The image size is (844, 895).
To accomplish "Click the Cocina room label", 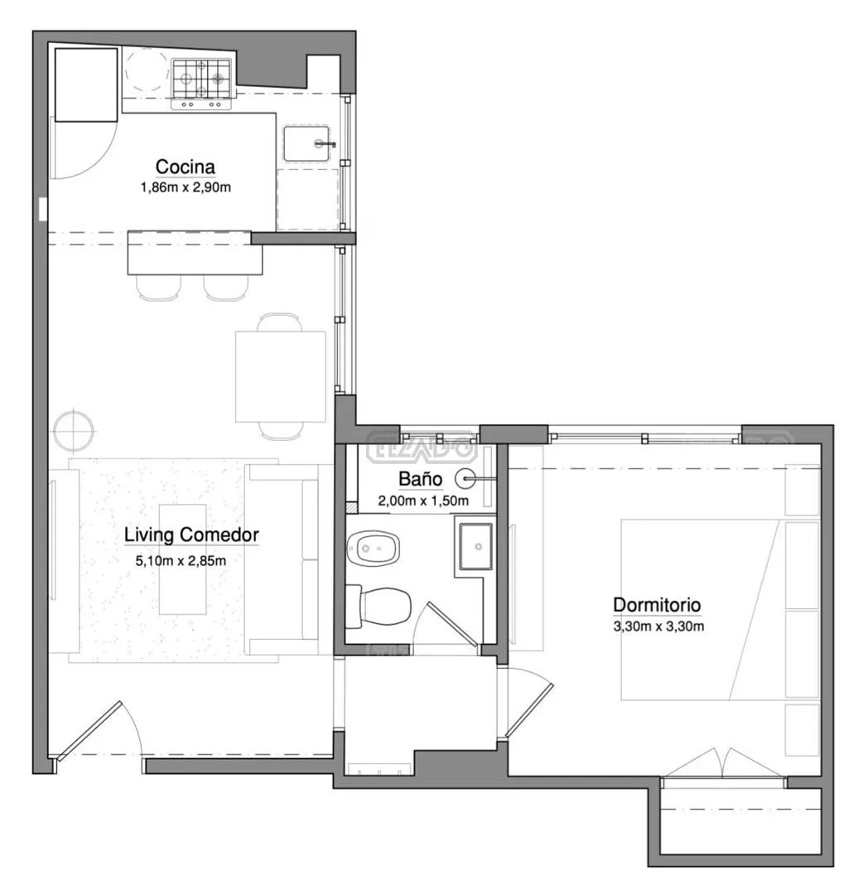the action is click(185, 167).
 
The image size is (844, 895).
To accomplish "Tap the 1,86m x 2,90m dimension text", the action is click(186, 187).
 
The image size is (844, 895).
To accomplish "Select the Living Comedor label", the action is click(191, 535).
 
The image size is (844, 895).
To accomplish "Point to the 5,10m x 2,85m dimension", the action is click(181, 560).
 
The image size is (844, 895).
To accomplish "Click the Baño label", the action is click(420, 478).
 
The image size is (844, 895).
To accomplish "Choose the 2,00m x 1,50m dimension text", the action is click(423, 501).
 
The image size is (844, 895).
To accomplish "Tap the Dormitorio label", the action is click(657, 604).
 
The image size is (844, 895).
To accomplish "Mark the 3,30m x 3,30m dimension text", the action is click(658, 626).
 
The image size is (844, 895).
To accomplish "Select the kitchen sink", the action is click(307, 143).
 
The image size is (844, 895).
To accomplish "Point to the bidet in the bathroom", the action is click(373, 548).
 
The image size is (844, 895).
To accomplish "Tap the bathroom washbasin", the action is click(476, 546).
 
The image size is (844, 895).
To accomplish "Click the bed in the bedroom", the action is click(699, 610).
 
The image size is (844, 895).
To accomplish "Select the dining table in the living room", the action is click(281, 377).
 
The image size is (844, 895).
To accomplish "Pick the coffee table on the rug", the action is click(182, 559).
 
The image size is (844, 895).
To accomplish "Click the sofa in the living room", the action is click(282, 559).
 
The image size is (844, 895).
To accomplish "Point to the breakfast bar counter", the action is click(195, 252).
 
